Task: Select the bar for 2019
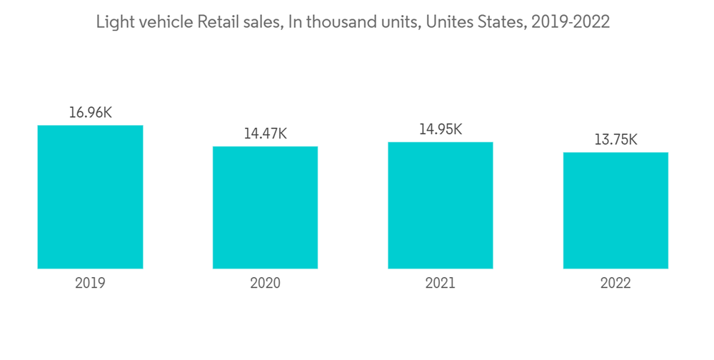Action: point(90,197)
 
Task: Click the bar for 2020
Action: point(265,208)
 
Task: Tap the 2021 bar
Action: point(441,206)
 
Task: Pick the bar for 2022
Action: point(615,211)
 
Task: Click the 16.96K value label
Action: point(90,112)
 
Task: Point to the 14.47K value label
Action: point(265,134)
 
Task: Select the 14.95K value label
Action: point(441,129)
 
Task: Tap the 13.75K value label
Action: point(615,139)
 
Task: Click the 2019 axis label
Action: point(90,283)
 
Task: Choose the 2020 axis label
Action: point(265,283)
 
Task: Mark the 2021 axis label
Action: point(441,283)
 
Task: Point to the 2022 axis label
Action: point(615,283)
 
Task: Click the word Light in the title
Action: point(111,22)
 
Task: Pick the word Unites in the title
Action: point(447,22)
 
